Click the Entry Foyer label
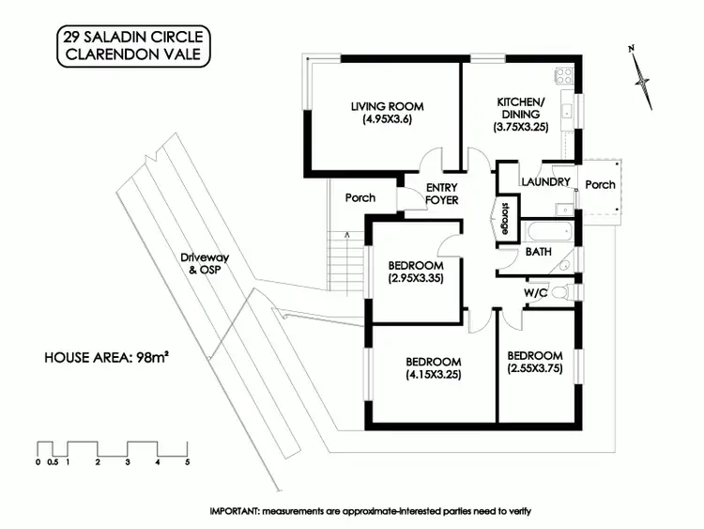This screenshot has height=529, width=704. point(441,193)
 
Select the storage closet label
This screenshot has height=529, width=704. point(504,218)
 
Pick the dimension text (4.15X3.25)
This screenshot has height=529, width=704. point(433,374)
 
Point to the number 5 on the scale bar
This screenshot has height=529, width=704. point(188,462)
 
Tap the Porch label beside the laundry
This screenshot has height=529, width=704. point(600,184)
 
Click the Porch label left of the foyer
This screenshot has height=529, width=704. point(360,197)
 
